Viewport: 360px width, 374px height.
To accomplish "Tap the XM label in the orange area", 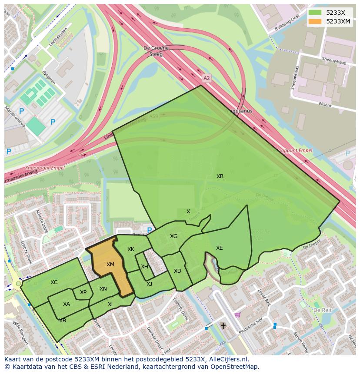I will pyautogui.click(x=110, y=265).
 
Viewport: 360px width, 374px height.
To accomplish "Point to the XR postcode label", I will pyautogui.click(x=220, y=176).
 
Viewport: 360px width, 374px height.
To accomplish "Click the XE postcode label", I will pyautogui.click(x=220, y=248).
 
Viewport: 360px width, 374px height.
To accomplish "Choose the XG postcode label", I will pyautogui.click(x=174, y=236).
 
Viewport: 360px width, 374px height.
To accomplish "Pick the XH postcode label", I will pyautogui.click(x=144, y=267).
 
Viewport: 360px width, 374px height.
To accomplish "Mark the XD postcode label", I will pyautogui.click(x=177, y=271).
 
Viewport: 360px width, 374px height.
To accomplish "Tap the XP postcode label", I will pyautogui.click(x=83, y=292).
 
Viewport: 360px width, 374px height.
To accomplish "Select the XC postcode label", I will pyautogui.click(x=54, y=282).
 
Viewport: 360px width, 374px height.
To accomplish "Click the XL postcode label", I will pyautogui.click(x=111, y=304).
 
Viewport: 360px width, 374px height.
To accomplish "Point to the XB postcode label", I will pyautogui.click(x=63, y=321).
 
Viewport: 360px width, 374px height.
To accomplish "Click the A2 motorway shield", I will pyautogui.click(x=207, y=78).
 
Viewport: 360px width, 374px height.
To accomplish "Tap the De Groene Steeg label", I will pyautogui.click(x=153, y=51).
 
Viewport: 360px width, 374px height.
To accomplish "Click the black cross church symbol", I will pyautogui.click(x=223, y=325).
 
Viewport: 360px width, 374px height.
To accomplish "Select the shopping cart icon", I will pyautogui.click(x=237, y=315).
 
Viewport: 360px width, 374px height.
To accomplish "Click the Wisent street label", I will pyautogui.click(x=324, y=104).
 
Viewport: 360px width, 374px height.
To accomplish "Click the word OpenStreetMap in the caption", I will pyautogui.click(x=233, y=367).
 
